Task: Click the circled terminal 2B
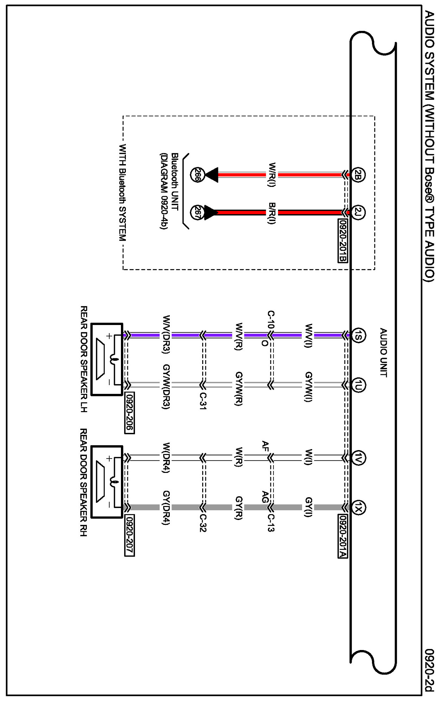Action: point(358,175)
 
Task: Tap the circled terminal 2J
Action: point(358,213)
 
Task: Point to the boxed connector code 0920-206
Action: point(129,413)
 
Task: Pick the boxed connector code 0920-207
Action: point(129,536)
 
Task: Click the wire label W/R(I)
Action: point(272,175)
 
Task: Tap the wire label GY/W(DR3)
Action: point(166,387)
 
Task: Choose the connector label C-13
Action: point(270,523)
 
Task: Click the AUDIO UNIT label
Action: point(383,352)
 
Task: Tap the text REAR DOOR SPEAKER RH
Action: point(83,482)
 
